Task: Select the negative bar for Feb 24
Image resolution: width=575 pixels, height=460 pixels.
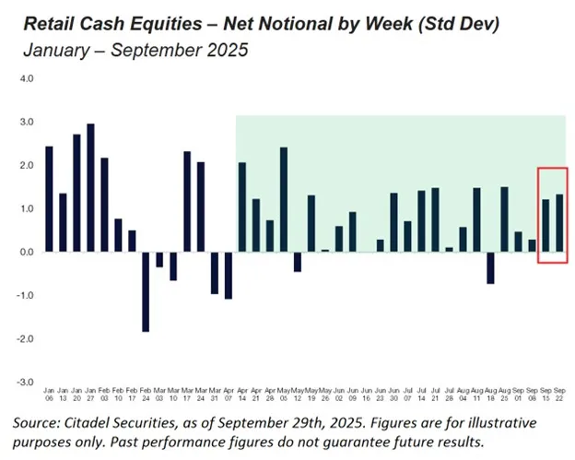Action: (146, 291)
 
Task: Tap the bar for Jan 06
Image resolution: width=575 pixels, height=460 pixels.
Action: (49, 198)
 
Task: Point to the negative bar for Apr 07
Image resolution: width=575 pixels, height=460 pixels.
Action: (229, 275)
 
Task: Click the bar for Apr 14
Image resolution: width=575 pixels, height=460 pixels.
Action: (242, 206)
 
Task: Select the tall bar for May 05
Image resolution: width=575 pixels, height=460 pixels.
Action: (284, 199)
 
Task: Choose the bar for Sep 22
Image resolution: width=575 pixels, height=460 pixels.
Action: (559, 222)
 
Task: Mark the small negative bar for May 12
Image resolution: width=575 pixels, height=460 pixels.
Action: (298, 262)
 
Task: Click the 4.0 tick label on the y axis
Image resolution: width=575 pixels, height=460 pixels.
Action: (27, 79)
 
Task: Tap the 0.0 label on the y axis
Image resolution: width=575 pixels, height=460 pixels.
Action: (27, 252)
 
